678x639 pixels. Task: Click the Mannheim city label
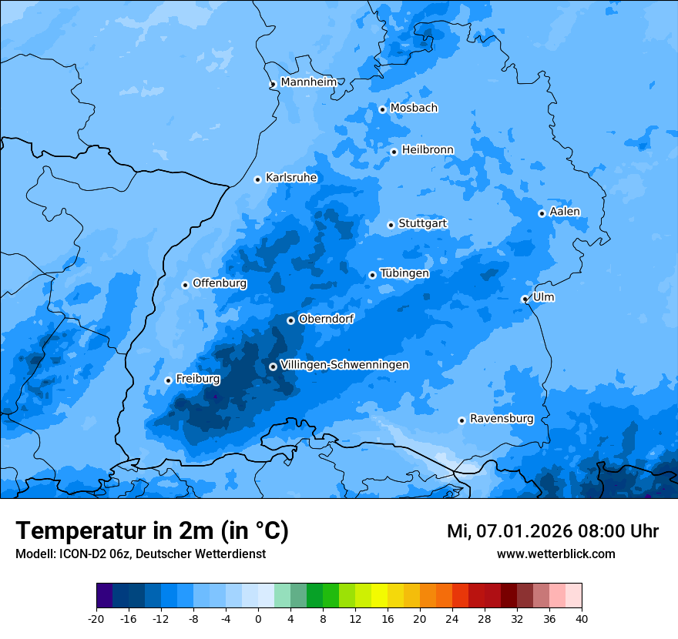(x=308, y=82)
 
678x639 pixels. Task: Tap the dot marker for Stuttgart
(x=391, y=225)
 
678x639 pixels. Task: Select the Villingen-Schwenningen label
(x=344, y=365)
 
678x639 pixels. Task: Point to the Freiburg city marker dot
(x=168, y=380)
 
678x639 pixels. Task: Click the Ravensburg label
(x=502, y=419)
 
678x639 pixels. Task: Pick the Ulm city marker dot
(x=525, y=299)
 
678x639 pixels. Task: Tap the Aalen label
(x=565, y=212)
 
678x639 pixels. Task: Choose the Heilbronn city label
(x=428, y=150)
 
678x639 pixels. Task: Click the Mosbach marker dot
(x=382, y=109)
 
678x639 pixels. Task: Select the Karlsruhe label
(x=291, y=178)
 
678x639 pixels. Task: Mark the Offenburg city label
(x=220, y=283)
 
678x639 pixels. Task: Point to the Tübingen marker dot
(x=372, y=275)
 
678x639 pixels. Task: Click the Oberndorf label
(x=326, y=319)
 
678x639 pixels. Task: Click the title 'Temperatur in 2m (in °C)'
(x=152, y=530)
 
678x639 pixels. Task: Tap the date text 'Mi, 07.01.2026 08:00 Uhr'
(x=552, y=531)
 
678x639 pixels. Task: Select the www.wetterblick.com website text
(x=555, y=554)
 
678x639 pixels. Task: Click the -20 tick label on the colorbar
(x=96, y=618)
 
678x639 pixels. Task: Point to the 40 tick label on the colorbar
(x=582, y=618)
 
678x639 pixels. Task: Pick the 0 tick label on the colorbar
(x=258, y=618)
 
